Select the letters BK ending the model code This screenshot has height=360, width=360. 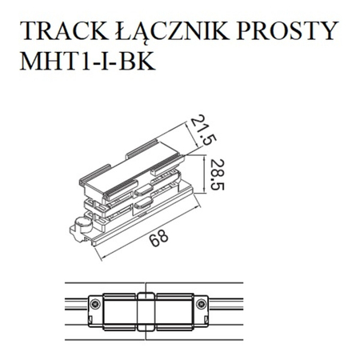click(132, 62)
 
